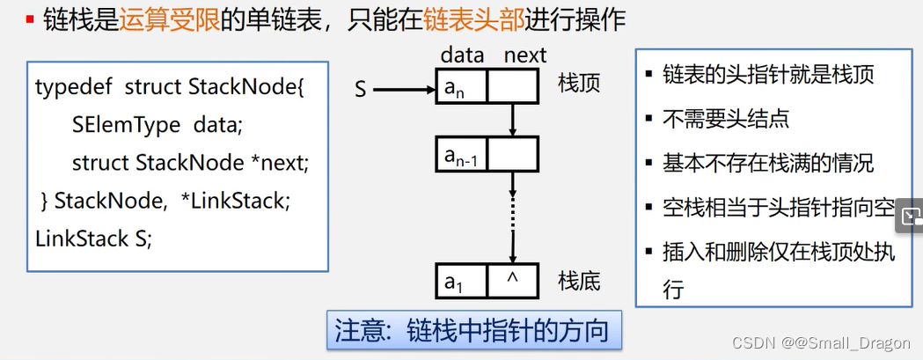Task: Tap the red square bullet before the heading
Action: click(30, 19)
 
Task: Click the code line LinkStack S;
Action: click(94, 239)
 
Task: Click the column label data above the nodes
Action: click(462, 55)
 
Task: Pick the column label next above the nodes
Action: click(524, 55)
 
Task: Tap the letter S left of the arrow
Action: click(361, 88)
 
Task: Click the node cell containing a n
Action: click(461, 87)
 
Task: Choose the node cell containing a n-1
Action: click(461, 155)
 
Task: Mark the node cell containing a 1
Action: click(461, 282)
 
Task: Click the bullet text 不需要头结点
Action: click(726, 119)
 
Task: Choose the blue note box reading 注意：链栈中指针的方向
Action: click(473, 331)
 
